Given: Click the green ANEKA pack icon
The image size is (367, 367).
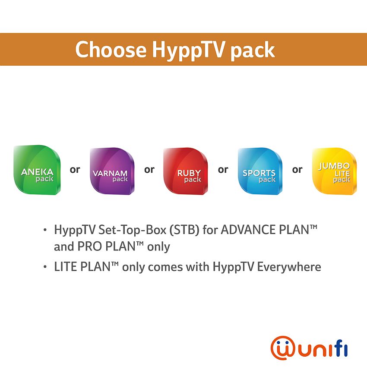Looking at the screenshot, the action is point(37,170).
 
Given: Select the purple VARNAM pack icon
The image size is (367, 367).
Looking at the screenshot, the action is point(112,171).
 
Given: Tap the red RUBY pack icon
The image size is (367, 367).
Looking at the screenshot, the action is point(186,171).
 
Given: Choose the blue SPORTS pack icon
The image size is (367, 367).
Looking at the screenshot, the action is point(260,171).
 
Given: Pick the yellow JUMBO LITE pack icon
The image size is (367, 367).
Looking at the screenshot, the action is point(335,171).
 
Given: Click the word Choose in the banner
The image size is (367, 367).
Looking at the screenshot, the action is point(111,49).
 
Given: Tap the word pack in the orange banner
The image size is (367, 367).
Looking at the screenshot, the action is point(253,51).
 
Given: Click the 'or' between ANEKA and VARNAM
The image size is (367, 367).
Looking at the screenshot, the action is point(75,170).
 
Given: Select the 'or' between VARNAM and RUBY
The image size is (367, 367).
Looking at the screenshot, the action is point(149,170).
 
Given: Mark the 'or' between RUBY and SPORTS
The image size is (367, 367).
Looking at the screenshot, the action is point(223,170).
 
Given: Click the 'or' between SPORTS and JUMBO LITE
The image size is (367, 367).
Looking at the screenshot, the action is point(297,170).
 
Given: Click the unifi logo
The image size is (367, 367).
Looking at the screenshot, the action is point(309,348).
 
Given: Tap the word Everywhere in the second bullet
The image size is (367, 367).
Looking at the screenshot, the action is point(289,267).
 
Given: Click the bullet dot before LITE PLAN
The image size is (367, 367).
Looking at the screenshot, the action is point(45,267).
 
